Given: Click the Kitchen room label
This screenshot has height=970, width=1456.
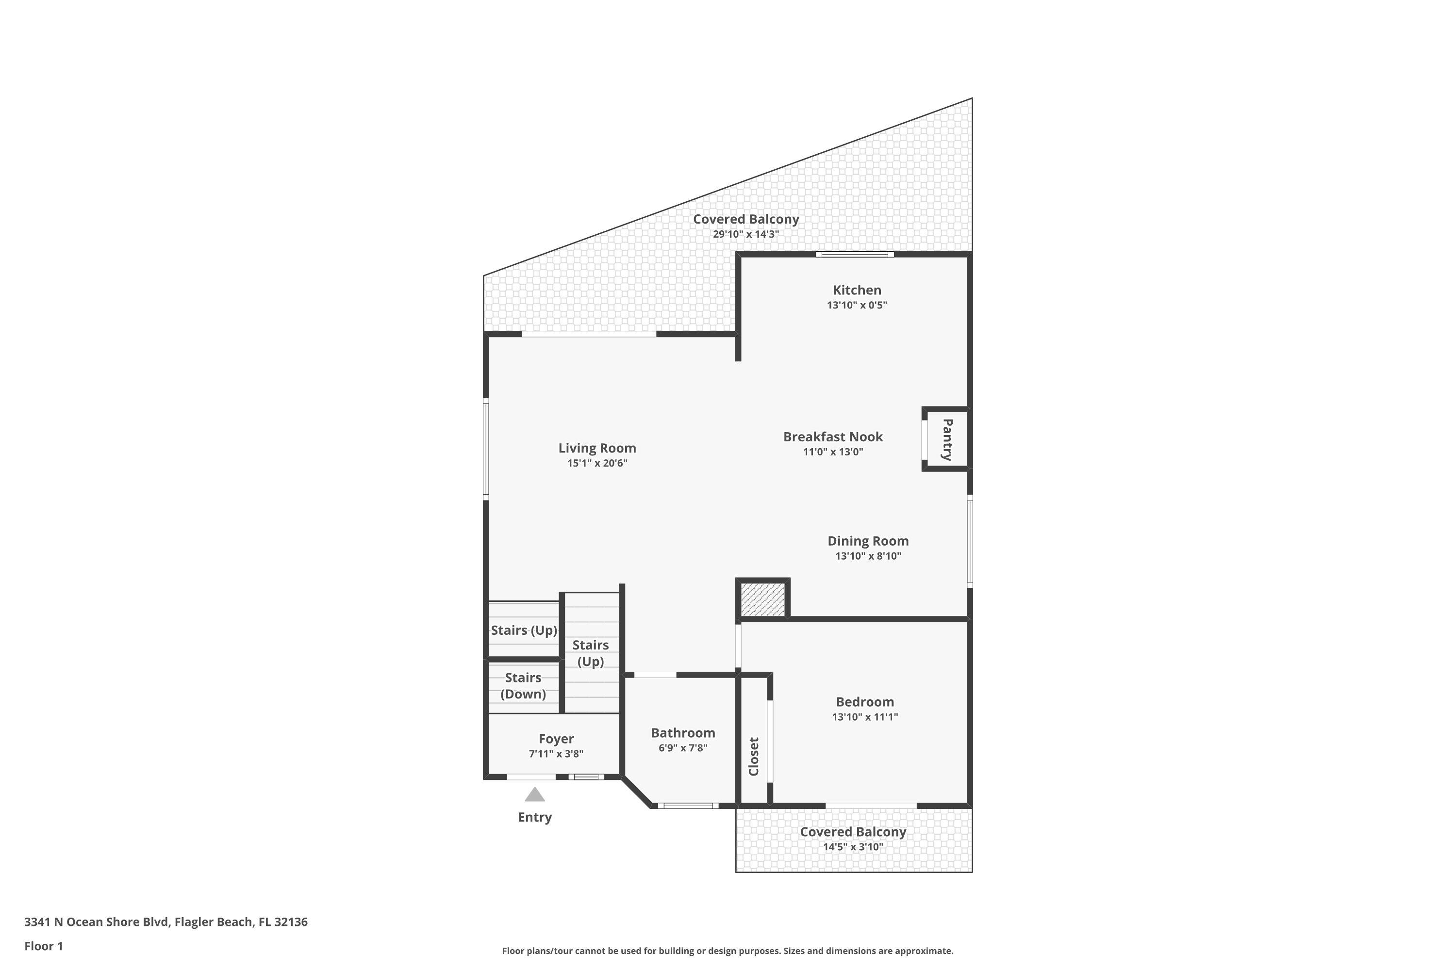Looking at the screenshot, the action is (857, 290).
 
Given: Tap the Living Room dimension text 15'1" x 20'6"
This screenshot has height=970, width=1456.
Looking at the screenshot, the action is (597, 463).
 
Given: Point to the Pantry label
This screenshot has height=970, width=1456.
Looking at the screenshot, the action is (947, 440).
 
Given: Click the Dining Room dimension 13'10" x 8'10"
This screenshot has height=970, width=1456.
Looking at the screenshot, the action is (868, 555).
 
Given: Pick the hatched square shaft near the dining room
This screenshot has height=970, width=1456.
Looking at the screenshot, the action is (762, 599).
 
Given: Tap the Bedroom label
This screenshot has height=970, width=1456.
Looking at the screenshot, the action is (865, 701).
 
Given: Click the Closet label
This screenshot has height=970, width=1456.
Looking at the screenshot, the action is (753, 756).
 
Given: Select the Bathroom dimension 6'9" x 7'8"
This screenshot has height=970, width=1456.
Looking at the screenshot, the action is (683, 747).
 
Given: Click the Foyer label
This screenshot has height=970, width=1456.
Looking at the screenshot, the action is (556, 739).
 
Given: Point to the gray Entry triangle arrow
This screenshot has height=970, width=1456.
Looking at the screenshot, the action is (535, 794).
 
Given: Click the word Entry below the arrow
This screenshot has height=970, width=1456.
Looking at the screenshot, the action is (535, 817).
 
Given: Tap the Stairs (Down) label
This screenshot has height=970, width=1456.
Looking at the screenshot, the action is (523, 685).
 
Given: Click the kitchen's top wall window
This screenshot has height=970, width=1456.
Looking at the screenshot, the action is (854, 254).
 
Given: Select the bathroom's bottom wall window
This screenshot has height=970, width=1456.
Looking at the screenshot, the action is (688, 806).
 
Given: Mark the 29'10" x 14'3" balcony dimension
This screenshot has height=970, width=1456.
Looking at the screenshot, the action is (746, 234).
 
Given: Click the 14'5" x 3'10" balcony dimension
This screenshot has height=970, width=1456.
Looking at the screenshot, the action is (853, 847).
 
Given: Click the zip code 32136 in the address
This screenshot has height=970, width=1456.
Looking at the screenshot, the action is (290, 922).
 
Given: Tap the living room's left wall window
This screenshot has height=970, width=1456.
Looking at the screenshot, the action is (486, 449).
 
